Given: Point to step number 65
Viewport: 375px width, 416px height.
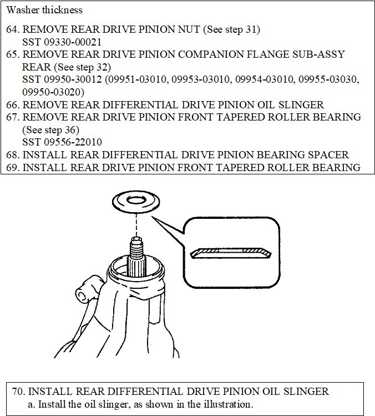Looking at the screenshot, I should click(13, 54).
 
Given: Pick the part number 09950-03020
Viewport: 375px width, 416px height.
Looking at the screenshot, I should click(53, 92).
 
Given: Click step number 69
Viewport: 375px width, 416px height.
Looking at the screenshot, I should click(13, 167).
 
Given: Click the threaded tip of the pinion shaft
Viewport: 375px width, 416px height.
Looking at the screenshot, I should click(136, 244).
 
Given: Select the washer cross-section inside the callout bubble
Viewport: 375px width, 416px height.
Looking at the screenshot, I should click(230, 253).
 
